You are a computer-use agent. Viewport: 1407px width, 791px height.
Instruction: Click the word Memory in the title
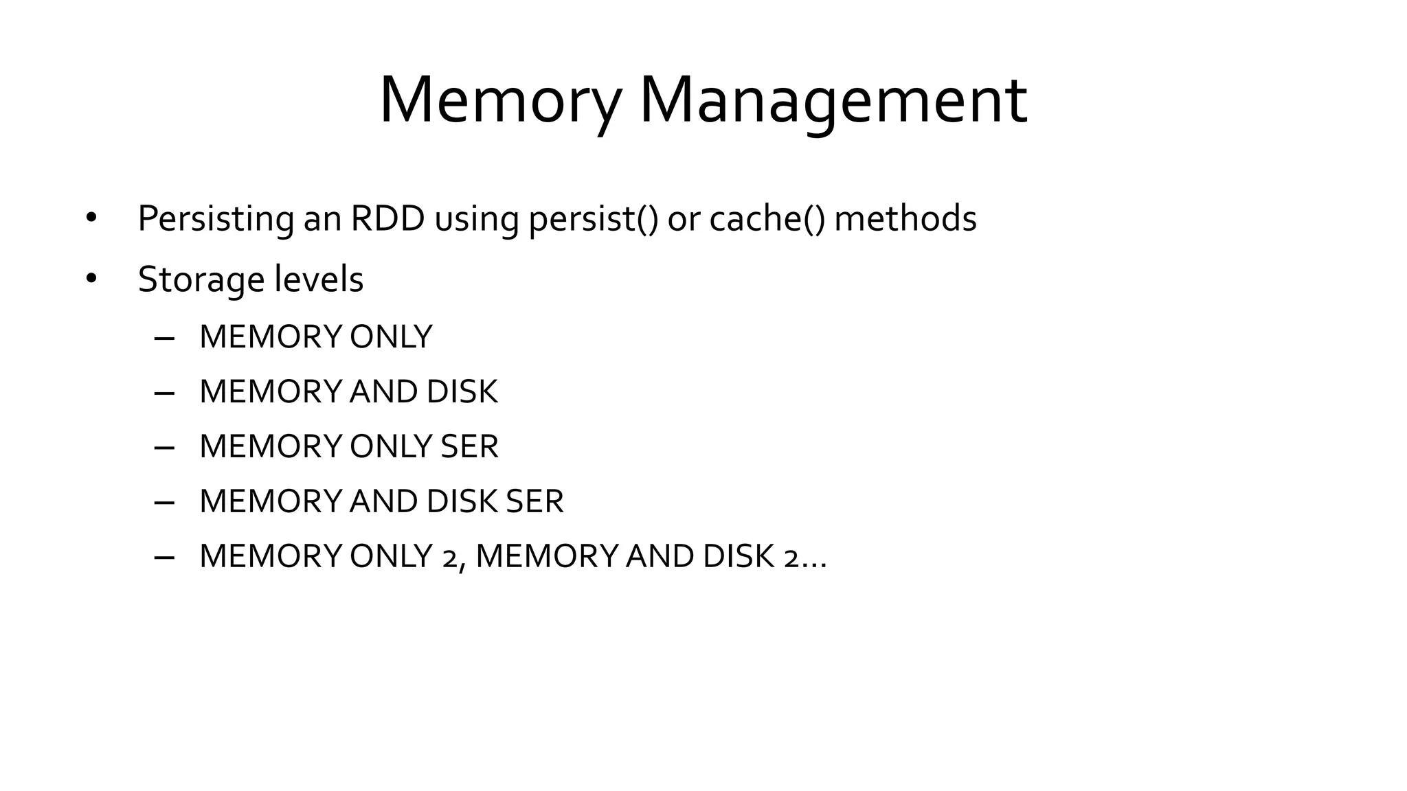tap(499, 101)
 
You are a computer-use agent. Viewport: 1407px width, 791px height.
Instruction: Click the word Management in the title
tap(833, 101)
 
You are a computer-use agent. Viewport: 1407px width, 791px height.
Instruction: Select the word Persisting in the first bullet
tap(216, 219)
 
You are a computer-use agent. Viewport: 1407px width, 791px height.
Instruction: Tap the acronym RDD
tap(387, 219)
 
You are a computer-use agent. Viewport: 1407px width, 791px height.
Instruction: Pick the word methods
tap(905, 219)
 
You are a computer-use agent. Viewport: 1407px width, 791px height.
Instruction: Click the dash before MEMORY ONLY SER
tap(164, 448)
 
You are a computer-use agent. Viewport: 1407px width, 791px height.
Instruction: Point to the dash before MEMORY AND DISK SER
tap(164, 503)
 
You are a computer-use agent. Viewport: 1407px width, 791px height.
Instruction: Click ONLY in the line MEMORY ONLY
tap(391, 337)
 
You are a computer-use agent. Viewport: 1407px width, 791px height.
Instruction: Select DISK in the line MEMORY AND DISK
tap(462, 392)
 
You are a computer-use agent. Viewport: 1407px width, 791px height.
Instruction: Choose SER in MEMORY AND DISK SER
tap(534, 502)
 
